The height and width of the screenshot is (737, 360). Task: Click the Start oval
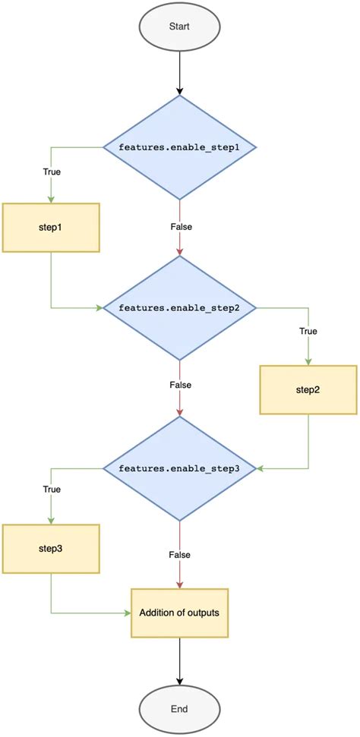click(x=179, y=27)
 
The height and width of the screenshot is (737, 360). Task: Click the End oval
click(x=179, y=709)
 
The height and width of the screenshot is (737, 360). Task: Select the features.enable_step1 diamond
click(x=179, y=146)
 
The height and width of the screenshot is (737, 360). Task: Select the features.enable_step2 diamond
click(x=179, y=307)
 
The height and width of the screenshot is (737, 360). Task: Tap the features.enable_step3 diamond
click(x=179, y=468)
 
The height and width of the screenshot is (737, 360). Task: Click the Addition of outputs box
click(x=179, y=612)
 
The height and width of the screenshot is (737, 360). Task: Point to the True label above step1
click(x=51, y=172)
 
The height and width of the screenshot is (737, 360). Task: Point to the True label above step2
click(x=308, y=332)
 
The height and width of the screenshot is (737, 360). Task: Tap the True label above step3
click(x=51, y=490)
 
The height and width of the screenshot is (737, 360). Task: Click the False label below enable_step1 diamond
click(x=180, y=225)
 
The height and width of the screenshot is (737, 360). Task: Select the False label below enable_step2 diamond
click(x=180, y=386)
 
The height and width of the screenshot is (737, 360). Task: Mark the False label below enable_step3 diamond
click(x=180, y=555)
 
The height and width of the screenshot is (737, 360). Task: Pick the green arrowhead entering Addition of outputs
click(x=128, y=612)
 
